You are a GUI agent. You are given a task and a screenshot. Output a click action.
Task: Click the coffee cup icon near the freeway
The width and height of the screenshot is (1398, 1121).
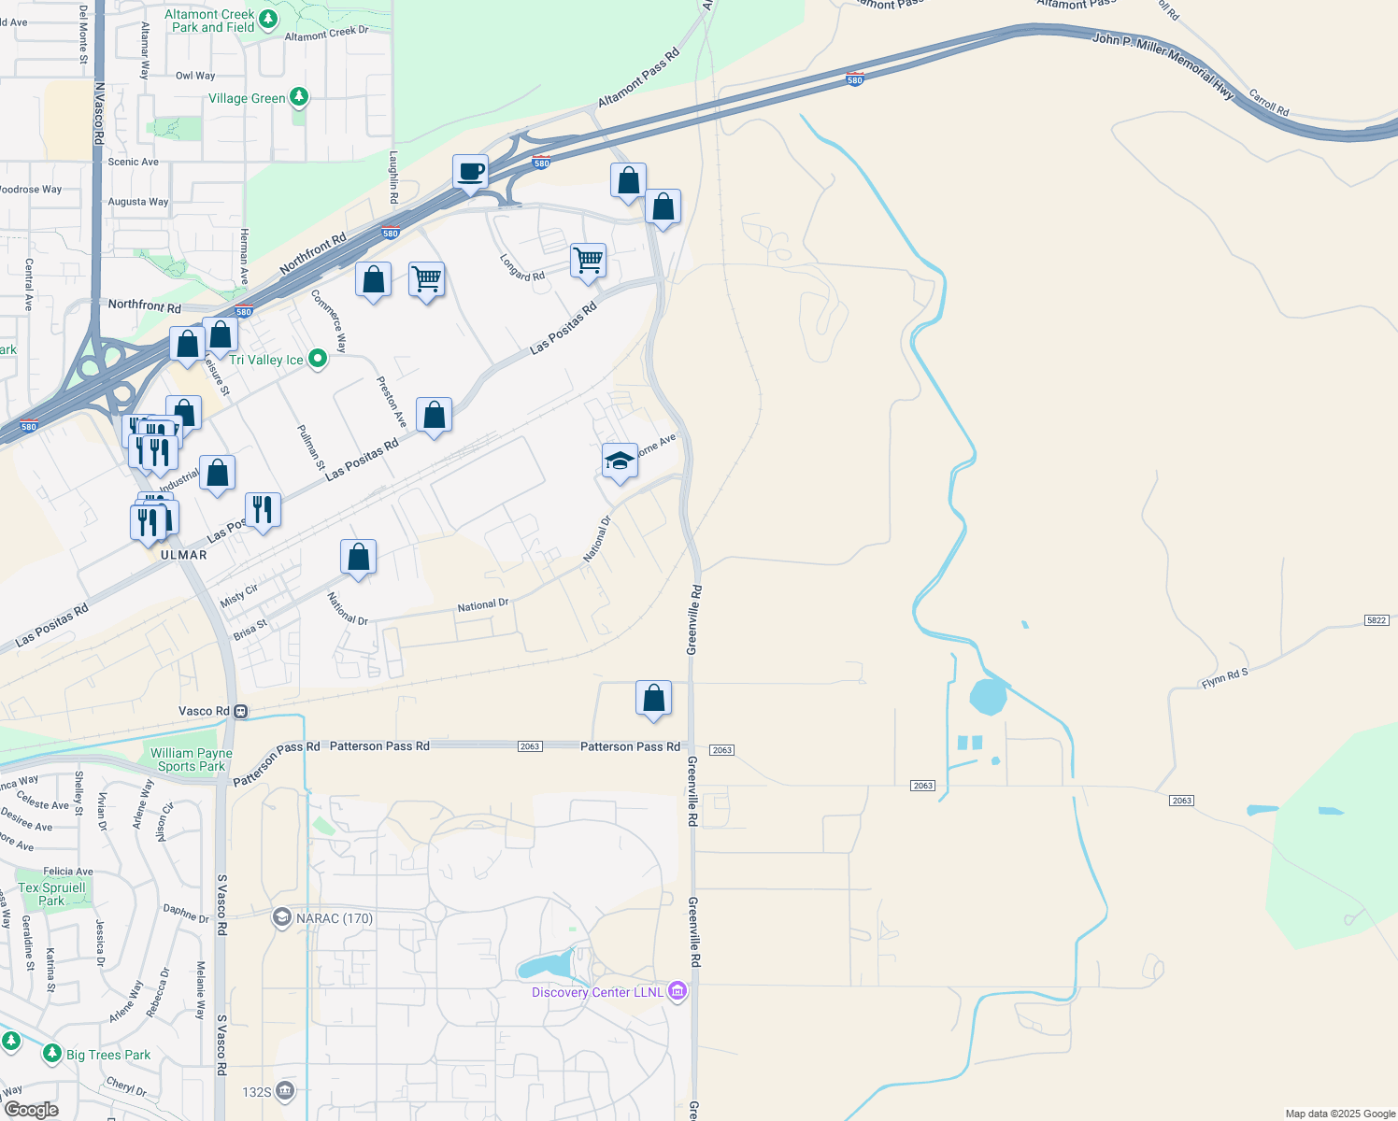pos(470,173)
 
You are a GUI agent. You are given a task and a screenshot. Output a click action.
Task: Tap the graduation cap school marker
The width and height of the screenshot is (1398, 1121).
pos(620,461)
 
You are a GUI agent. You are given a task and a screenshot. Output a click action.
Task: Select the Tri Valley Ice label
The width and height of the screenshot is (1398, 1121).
pos(266,360)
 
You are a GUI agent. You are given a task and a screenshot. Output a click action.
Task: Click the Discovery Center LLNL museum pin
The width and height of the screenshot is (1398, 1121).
pos(678,991)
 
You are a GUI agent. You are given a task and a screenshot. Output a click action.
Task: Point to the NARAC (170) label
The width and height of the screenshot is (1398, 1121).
pos(334,918)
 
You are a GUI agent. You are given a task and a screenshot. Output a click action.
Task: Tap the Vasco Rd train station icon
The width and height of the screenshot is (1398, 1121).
pos(241,711)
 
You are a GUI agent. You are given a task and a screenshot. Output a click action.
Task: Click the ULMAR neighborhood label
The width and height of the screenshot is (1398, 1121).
pos(184,555)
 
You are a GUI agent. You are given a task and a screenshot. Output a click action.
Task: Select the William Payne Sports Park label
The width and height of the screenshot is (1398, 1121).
pos(192,759)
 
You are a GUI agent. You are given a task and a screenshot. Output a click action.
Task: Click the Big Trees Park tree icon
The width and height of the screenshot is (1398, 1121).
pos(52,1054)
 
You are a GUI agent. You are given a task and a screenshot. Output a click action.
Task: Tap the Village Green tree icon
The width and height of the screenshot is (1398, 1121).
pos(299,96)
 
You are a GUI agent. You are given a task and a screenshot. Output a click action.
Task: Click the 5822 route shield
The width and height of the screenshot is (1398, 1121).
pos(1377,620)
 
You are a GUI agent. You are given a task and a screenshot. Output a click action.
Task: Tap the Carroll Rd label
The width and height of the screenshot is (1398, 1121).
pos(1269,103)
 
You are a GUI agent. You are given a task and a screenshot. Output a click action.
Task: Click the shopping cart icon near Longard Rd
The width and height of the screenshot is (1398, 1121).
pos(588,260)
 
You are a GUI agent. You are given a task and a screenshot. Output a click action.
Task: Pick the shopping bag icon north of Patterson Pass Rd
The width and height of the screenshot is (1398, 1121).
pos(653,698)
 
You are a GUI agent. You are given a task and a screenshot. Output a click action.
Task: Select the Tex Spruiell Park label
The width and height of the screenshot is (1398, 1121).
pos(51,894)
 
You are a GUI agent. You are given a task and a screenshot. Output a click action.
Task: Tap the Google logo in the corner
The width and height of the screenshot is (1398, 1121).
pos(31,1109)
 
